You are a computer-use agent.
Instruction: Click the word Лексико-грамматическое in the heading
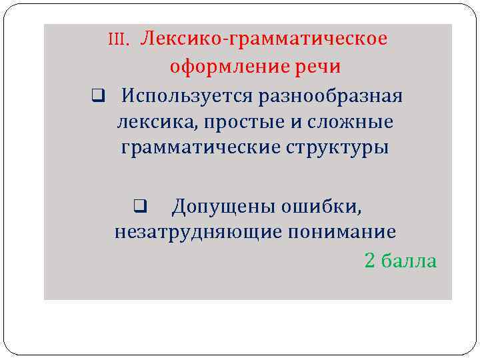coord(264,39)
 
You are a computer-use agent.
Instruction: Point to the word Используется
coord(176,96)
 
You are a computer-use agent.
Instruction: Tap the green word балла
coord(411,261)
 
